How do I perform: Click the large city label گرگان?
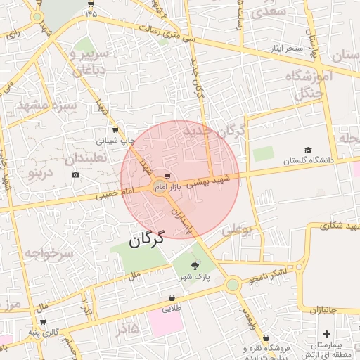click(146, 240)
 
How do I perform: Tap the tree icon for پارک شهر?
click(195, 265)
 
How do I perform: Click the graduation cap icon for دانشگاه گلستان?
click(307, 150)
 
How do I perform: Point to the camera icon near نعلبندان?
click(76, 174)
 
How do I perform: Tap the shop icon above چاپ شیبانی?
click(115, 130)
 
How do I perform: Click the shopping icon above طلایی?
click(172, 297)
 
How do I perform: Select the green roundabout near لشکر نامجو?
click(233, 284)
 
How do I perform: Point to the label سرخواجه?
click(48, 252)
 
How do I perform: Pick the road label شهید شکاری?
click(335, 226)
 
